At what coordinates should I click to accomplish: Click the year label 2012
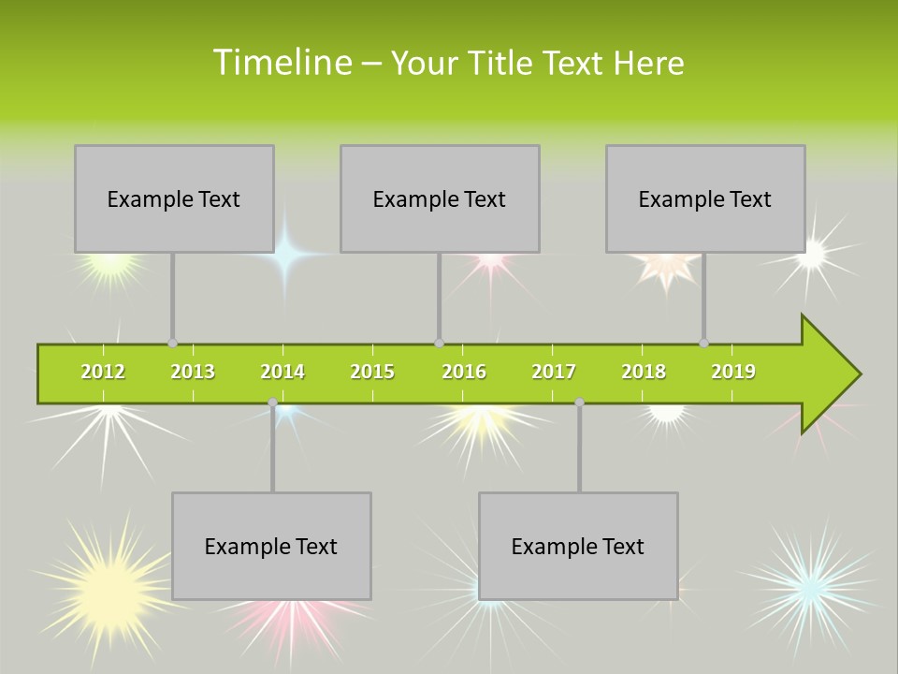pos(103,372)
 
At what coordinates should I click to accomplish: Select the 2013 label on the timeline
pos(193,372)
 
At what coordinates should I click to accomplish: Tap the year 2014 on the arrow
pos(282,372)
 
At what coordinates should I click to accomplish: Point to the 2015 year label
pos(372,372)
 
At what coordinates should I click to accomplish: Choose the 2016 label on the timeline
pos(464,372)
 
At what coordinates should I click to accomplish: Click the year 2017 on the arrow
pos(554,372)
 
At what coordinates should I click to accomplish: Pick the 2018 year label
pos(644,372)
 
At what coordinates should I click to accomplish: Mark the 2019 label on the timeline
pos(733,372)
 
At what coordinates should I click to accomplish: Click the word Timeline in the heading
pos(282,63)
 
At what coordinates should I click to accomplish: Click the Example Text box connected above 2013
pos(174,198)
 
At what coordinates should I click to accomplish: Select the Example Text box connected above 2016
pos(440,198)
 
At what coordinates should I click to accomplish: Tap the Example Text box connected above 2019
pos(705,198)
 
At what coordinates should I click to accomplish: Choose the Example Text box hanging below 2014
pos(271,546)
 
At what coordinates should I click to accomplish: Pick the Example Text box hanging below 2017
pos(578,546)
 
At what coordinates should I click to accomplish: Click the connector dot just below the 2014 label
pos(272,402)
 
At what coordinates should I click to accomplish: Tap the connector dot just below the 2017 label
pos(579,402)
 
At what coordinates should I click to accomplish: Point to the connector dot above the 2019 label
pos(703,343)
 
